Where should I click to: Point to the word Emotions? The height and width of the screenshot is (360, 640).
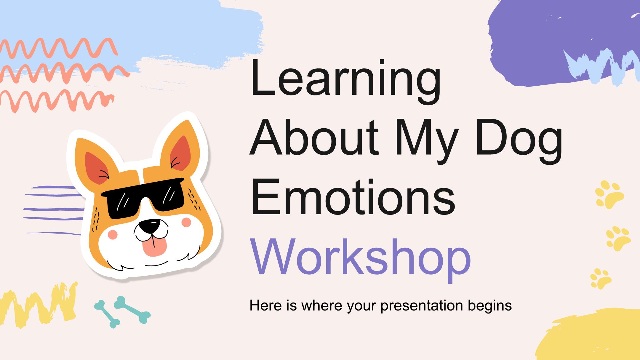[353, 195]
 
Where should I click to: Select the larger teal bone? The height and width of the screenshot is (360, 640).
[132, 310]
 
